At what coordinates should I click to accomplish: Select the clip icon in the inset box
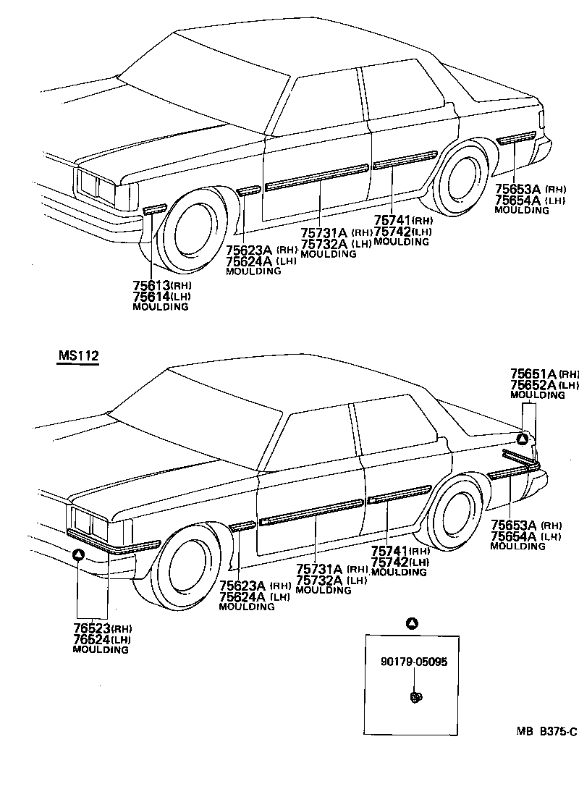[415, 697]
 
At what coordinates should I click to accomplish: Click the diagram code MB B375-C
[546, 732]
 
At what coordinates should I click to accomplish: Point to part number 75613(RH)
[161, 286]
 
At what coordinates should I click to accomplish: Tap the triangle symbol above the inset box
[412, 623]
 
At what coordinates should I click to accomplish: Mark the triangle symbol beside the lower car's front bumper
[79, 555]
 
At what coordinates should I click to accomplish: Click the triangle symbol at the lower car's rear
[523, 439]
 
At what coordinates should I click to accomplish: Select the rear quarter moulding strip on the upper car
[515, 137]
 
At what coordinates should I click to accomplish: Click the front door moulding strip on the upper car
[317, 177]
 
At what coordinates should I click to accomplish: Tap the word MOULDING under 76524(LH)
[101, 650]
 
